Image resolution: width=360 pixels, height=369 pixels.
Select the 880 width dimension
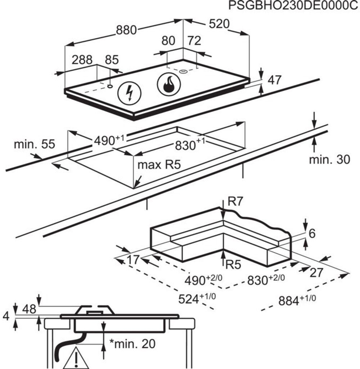click(x=126, y=30)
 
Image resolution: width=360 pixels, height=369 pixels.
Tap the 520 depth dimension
click(x=219, y=24)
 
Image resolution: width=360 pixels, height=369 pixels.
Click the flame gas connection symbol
click(x=169, y=84)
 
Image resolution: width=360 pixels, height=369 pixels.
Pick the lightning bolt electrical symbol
click(x=129, y=93)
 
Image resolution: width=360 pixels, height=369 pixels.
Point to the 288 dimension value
click(x=82, y=60)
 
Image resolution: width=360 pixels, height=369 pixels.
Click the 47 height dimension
click(x=275, y=80)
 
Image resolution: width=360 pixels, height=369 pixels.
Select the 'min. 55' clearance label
click(x=34, y=144)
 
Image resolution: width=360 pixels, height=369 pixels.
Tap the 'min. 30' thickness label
click(x=329, y=159)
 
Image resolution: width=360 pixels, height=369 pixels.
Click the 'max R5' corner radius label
click(x=159, y=164)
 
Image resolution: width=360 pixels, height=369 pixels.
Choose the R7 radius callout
click(x=235, y=202)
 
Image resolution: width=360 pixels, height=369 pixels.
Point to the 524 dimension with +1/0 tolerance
click(x=197, y=299)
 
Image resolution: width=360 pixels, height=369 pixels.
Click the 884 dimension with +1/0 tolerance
click(x=297, y=300)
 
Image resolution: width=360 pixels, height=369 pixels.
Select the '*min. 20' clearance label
click(x=133, y=344)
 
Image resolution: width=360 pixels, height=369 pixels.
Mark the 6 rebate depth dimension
click(x=312, y=234)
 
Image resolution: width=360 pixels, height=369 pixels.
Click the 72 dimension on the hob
click(x=194, y=41)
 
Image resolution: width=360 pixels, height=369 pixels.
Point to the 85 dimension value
click(x=112, y=60)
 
